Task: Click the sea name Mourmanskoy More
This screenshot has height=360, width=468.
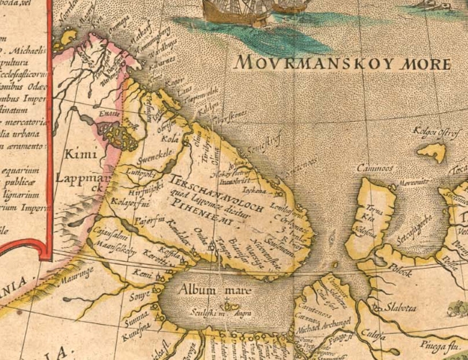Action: pyautogui.click(x=342, y=63)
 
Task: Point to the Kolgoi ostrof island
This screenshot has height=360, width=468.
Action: pyautogui.click(x=433, y=152)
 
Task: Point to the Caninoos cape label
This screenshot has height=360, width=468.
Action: pyautogui.click(x=375, y=168)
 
